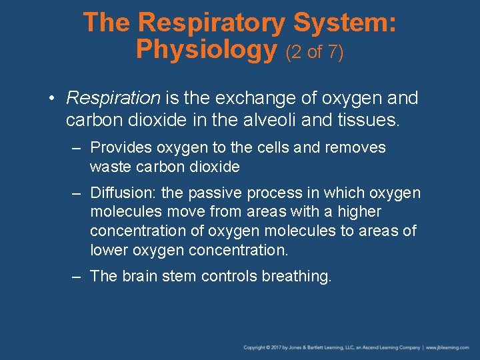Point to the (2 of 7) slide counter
tap(315, 51)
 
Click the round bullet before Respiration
tap(51, 99)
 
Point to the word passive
tap(215, 193)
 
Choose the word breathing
tap(296, 276)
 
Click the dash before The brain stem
tap(77, 276)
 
